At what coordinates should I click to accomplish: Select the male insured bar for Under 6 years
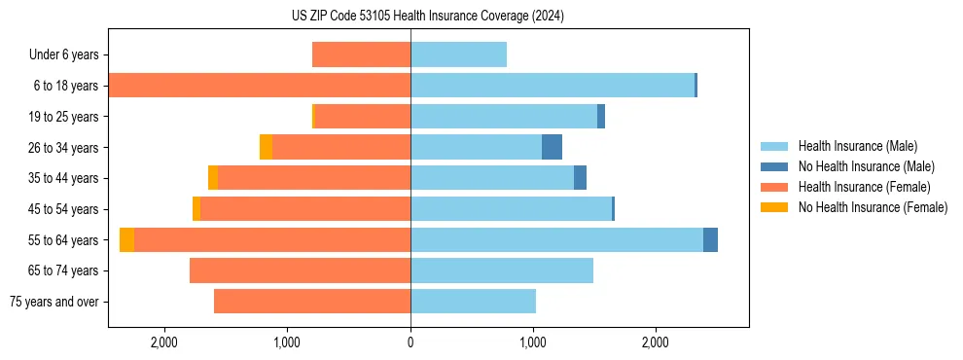(458, 54)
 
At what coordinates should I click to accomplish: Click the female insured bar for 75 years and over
(312, 302)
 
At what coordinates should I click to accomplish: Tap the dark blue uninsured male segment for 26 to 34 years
(552, 147)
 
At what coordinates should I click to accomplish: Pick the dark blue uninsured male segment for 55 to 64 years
(710, 239)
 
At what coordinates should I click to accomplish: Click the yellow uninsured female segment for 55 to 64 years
(127, 239)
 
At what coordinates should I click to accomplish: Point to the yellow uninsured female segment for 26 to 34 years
(266, 147)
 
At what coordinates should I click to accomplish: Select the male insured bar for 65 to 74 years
(502, 270)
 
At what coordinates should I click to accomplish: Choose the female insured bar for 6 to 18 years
(260, 86)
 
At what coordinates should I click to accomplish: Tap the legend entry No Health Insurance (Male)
(866, 166)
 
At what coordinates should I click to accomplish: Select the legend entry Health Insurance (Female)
(865, 187)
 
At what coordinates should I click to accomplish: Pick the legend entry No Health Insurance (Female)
(873, 207)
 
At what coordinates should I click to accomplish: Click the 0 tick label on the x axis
(410, 342)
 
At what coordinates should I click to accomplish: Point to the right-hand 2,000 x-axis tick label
(655, 342)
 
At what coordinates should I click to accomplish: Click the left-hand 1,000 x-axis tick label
(287, 342)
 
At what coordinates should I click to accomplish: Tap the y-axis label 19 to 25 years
(63, 117)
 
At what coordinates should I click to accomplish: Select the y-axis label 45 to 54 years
(63, 209)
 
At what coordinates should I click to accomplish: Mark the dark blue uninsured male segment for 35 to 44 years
(580, 178)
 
